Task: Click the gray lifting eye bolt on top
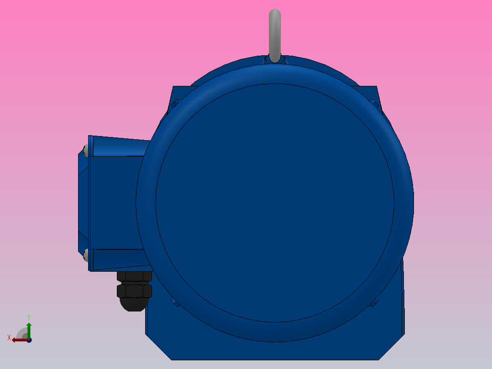click(x=274, y=32)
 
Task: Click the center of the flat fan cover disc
click(x=275, y=203)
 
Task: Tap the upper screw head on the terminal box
click(x=86, y=149)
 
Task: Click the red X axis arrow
click(x=18, y=340)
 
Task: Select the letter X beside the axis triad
click(x=9, y=337)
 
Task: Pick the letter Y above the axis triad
click(x=29, y=317)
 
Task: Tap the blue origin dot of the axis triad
click(x=29, y=340)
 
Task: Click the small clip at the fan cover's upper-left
click(x=174, y=103)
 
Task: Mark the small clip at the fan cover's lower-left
click(x=174, y=301)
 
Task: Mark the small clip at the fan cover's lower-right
click(x=375, y=301)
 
